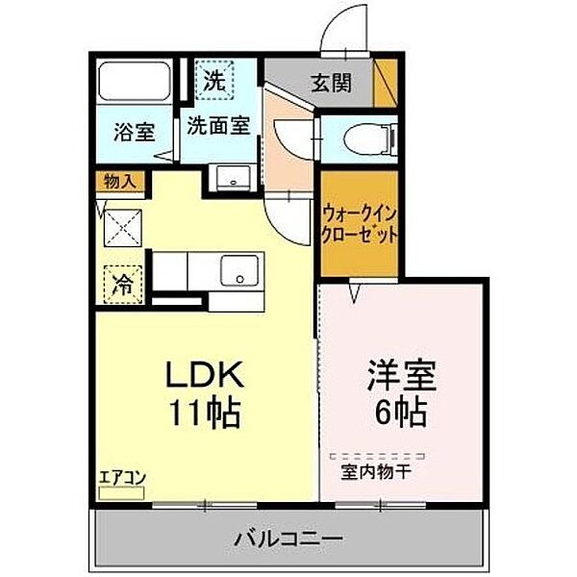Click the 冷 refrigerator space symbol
[x=123, y=284]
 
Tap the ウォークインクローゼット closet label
[x=360, y=225]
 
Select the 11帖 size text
[x=204, y=414]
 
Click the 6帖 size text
[x=401, y=414]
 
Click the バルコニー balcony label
[x=288, y=536]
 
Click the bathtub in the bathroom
[x=135, y=83]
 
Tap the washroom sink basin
[x=230, y=179]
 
